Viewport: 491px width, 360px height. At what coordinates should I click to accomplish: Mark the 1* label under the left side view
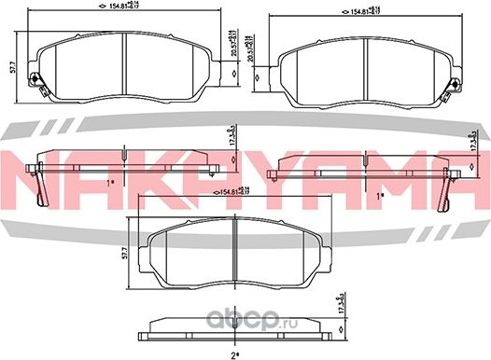point(110,182)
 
